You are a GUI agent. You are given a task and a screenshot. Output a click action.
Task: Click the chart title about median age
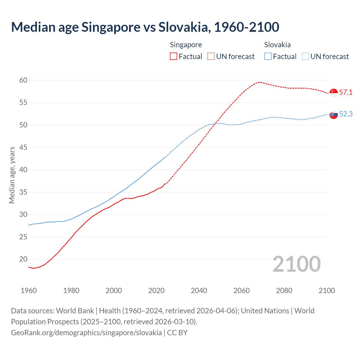pos(145,27)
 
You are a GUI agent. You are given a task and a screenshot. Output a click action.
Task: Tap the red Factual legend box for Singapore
pos(174,56)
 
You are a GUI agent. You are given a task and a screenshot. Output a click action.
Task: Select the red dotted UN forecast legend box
pos(211,56)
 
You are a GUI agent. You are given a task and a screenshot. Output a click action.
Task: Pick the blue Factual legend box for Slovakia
pos(268,56)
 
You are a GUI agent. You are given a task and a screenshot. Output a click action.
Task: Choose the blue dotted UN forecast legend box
pos(305,56)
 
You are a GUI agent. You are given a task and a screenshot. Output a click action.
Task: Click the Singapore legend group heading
pos(186,45)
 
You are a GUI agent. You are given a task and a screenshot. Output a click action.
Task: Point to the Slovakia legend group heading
pos(277,45)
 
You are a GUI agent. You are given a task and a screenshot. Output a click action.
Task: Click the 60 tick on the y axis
pos(23,80)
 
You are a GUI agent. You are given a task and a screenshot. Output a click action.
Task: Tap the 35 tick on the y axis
pos(23,192)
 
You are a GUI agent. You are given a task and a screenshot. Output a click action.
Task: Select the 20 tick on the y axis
pos(23,259)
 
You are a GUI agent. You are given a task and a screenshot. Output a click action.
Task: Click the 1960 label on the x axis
pos(29,291)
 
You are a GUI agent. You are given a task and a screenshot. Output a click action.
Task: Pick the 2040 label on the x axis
pos(199,291)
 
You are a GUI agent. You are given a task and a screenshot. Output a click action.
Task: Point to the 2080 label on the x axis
pos(284,291)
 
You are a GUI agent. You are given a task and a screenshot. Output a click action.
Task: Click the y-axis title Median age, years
pos(12,175)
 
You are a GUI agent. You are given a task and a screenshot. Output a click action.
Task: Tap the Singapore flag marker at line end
pos(334,93)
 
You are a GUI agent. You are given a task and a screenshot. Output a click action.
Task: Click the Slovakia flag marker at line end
pos(334,114)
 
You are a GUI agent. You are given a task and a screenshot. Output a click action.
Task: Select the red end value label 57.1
pos(346,92)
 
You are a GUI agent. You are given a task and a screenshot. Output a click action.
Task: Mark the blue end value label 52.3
pos(346,114)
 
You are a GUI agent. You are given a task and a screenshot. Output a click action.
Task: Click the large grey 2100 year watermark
pos(296,264)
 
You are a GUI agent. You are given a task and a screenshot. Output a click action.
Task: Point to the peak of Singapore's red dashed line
pos(259,82)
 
